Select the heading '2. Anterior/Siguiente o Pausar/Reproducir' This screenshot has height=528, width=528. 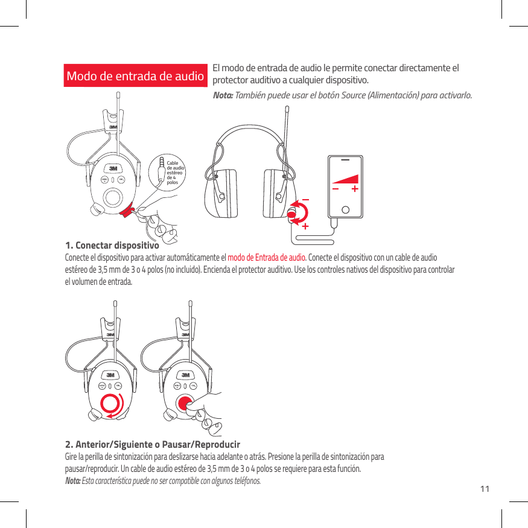click(152, 445)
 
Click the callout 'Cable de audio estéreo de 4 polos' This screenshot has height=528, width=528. click(174, 172)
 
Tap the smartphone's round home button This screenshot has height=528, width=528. click(345, 210)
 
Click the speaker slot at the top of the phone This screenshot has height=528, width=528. click(345, 161)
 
